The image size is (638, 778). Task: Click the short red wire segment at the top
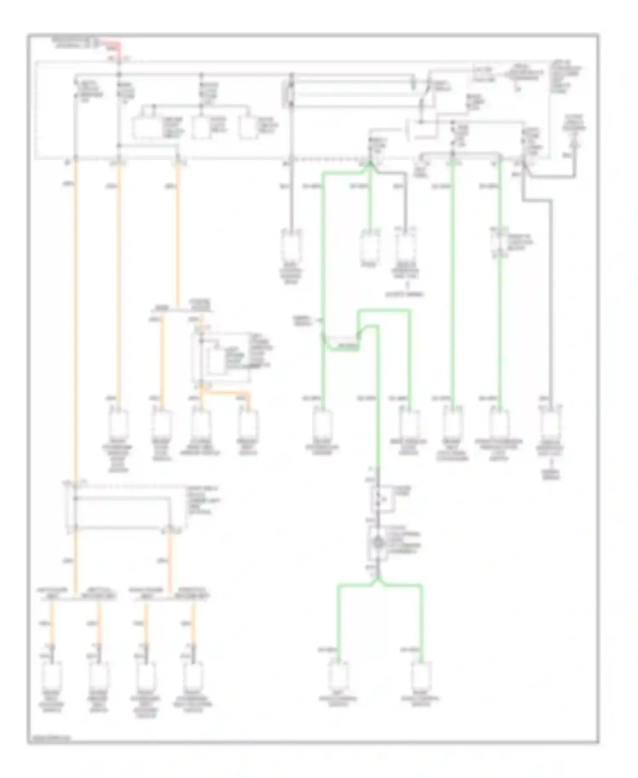click(x=115, y=44)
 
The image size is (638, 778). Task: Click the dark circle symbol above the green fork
click(x=378, y=542)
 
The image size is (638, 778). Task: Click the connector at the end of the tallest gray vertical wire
click(x=291, y=247)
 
